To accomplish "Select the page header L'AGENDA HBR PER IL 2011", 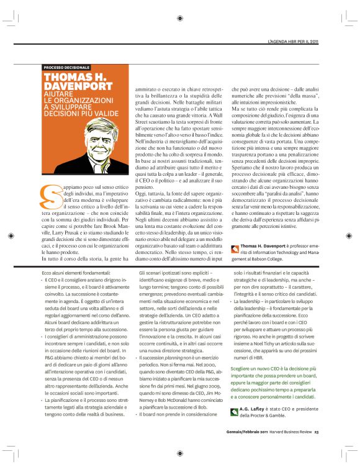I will pos(292,42).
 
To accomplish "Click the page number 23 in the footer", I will pos(316,450).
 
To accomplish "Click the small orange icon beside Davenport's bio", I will pos(234,248).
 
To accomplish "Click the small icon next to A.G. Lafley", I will pos(234,428).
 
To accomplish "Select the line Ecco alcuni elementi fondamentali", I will pos(79,273).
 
